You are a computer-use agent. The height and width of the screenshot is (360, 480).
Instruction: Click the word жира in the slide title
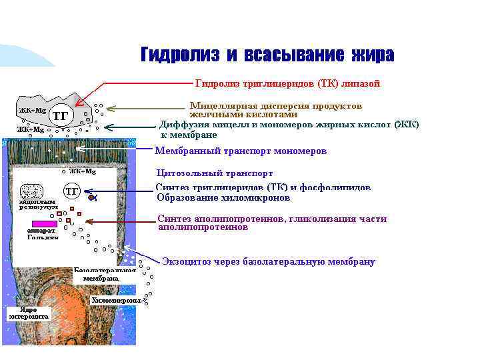click(370, 55)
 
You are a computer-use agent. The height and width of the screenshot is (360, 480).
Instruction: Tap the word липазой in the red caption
click(360, 83)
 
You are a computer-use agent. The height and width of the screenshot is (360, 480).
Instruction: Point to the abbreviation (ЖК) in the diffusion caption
click(407, 125)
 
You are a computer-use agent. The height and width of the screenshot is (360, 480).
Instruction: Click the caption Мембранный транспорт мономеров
click(241, 151)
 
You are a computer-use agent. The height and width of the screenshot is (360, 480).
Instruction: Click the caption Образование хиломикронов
click(223, 198)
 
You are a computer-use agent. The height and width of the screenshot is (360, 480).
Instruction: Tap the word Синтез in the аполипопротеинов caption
click(175, 219)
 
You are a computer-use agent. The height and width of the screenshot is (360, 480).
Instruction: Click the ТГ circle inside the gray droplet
click(61, 115)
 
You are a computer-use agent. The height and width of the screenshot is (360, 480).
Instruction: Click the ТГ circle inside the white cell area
click(72, 192)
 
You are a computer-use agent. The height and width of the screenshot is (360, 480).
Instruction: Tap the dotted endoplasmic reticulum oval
click(31, 192)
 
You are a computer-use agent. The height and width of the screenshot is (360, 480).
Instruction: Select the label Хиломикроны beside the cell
click(116, 301)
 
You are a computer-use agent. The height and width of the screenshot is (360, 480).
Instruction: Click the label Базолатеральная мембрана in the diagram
click(105, 274)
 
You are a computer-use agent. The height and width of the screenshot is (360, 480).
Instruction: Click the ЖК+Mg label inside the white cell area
click(83, 171)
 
